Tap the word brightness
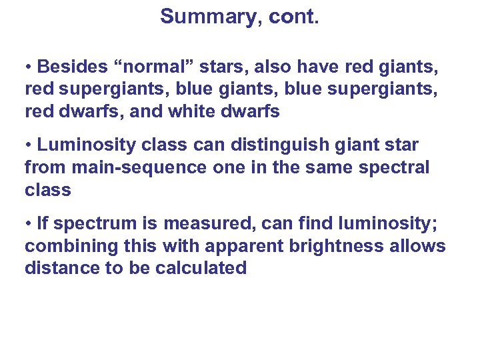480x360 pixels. tap(337, 246)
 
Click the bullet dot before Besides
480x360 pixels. tap(29, 67)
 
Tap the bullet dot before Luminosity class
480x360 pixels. tap(29, 145)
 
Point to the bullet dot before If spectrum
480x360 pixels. tap(29, 223)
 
